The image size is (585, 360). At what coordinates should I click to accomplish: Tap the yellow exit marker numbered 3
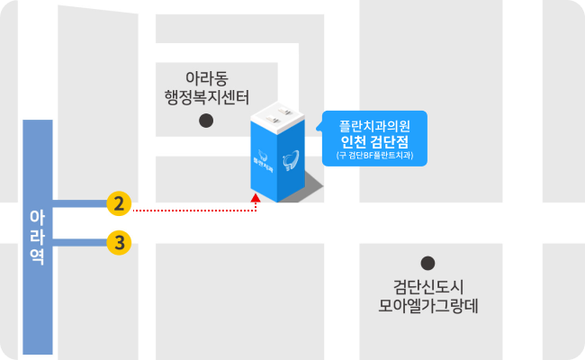point(118,242)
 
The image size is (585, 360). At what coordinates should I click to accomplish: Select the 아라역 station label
point(37,236)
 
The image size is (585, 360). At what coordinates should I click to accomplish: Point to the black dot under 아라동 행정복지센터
point(206,120)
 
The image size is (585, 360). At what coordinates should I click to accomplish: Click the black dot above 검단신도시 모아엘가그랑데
point(427,263)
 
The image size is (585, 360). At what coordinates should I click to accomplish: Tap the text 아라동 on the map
point(206,78)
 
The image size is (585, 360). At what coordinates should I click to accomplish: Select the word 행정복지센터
point(206,97)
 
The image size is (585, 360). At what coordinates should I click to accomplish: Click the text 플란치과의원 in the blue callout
point(374,123)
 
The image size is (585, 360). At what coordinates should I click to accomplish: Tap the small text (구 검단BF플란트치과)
point(374,155)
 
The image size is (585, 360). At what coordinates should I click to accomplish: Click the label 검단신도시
point(427,286)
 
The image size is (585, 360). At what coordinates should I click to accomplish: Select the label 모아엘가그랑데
point(427,306)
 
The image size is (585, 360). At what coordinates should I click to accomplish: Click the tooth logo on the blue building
point(291,161)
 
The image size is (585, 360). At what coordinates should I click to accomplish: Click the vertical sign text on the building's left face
point(262,163)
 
